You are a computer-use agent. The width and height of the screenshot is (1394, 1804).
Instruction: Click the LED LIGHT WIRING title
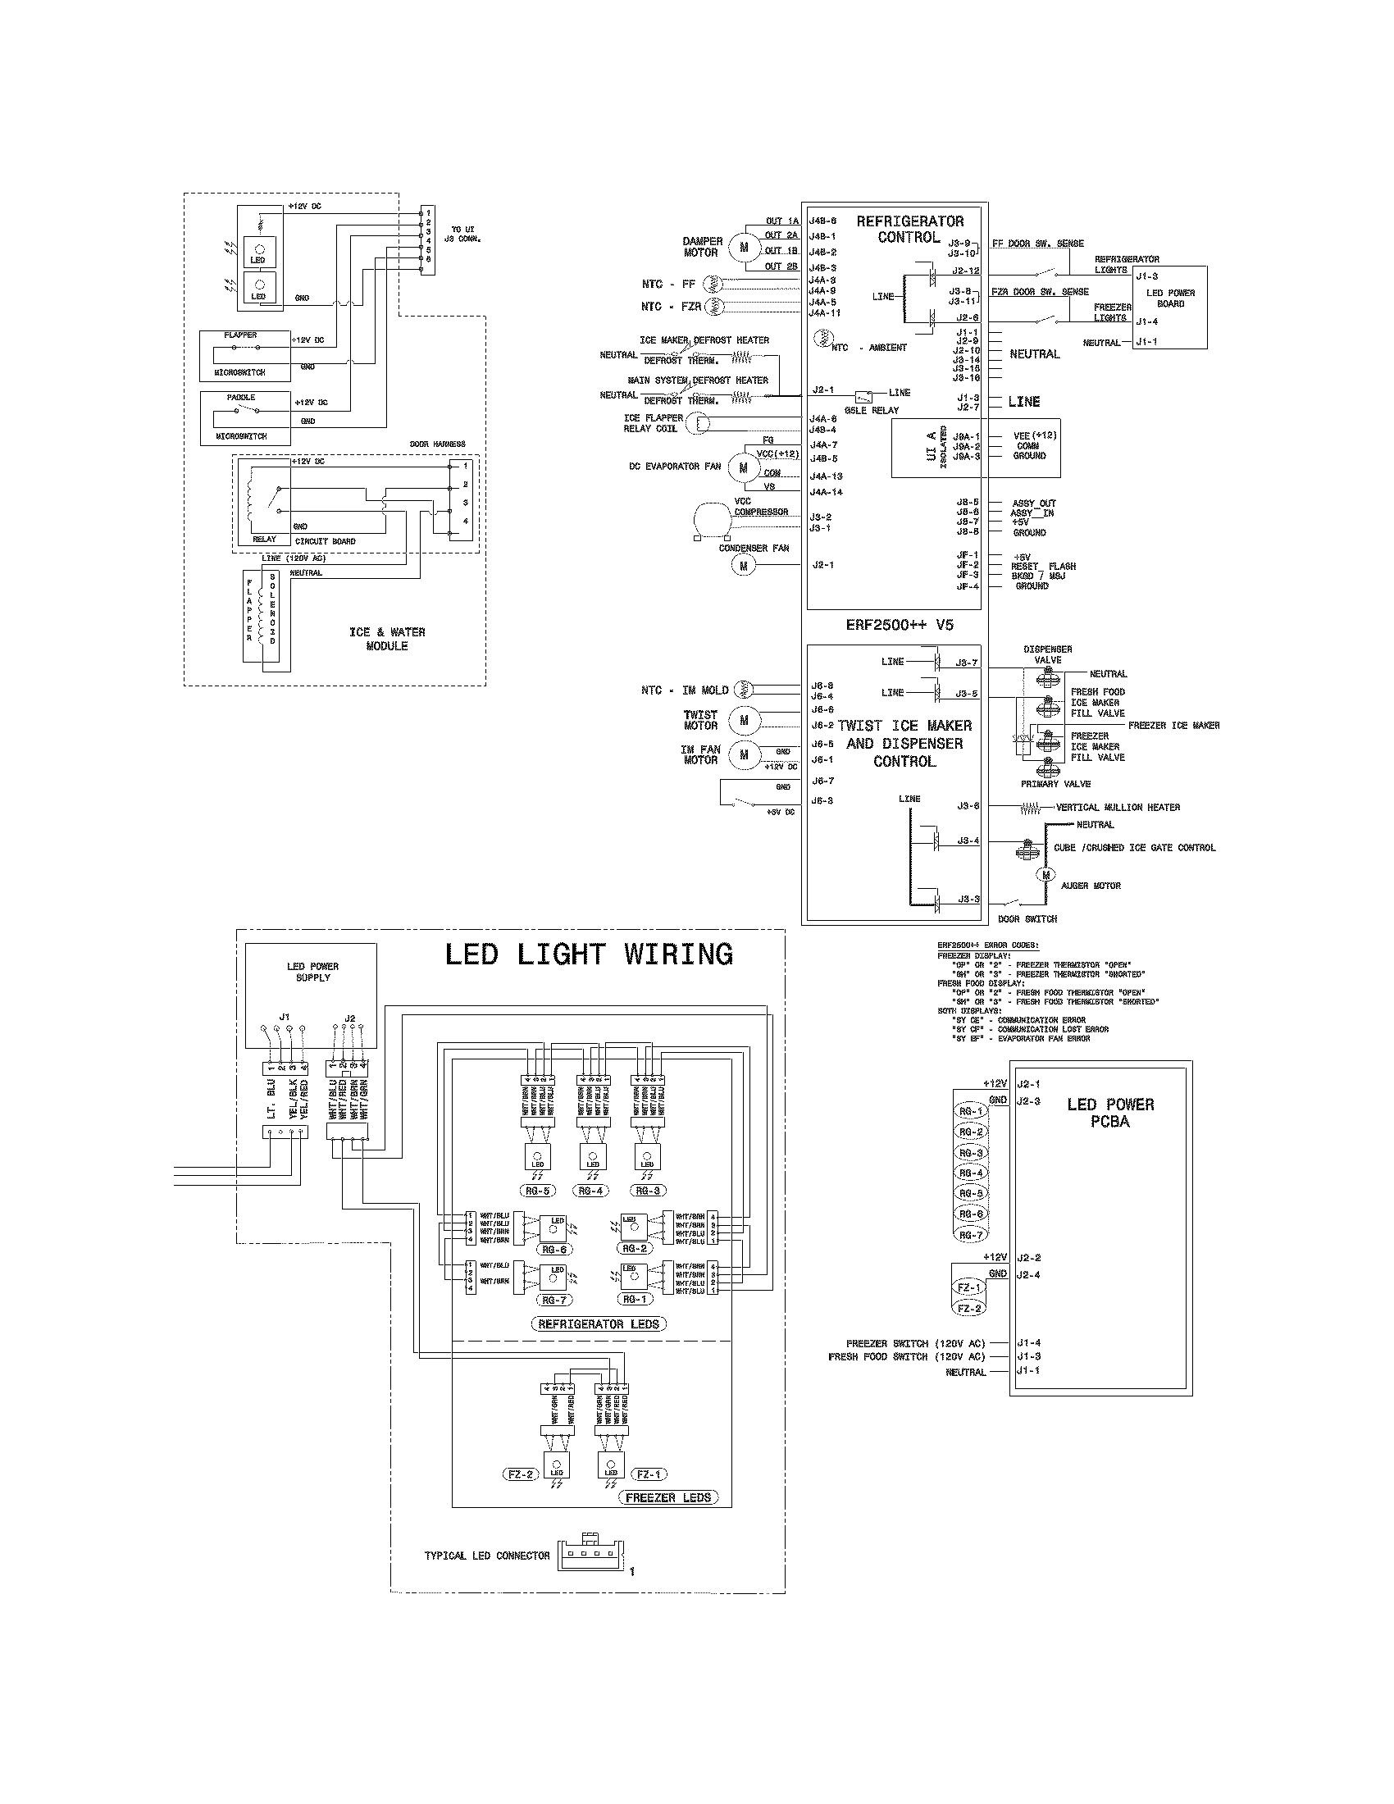click(x=588, y=954)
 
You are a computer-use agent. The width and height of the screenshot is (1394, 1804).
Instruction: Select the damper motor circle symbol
click(x=743, y=246)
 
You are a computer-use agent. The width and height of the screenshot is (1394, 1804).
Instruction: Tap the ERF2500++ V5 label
click(x=899, y=626)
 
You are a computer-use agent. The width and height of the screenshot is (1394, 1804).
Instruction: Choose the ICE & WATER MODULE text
click(x=386, y=639)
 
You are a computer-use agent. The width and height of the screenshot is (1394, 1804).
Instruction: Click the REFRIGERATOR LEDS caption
click(x=599, y=1323)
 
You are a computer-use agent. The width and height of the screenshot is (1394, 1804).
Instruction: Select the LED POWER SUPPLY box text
click(x=312, y=972)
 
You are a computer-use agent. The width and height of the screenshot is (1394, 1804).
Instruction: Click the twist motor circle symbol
click(x=743, y=720)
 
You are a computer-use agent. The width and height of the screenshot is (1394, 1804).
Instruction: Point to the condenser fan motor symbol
click(x=743, y=565)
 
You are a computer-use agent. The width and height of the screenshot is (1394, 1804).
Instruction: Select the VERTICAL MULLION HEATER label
click(x=1118, y=807)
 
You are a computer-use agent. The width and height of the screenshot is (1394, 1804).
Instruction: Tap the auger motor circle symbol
click(x=1046, y=875)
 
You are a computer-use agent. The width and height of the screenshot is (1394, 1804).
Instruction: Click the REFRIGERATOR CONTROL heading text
click(x=909, y=229)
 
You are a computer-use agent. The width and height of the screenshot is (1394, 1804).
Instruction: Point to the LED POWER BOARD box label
click(x=1170, y=298)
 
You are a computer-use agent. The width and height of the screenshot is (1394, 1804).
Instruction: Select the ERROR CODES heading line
click(x=988, y=945)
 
